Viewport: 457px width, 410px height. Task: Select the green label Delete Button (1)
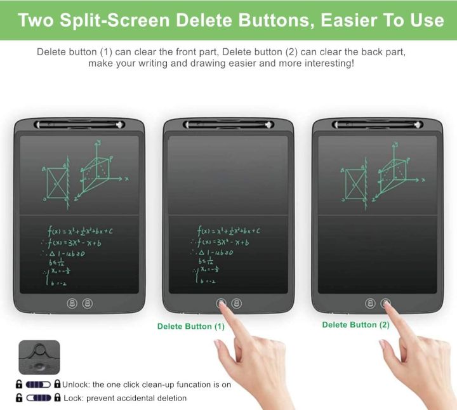pos(191,326)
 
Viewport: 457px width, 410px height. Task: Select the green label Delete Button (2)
pos(355,324)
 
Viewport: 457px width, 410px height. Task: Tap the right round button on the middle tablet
pos(237,303)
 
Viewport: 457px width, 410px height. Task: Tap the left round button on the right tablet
pos(371,303)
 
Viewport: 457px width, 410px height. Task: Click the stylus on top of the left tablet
pos(79,125)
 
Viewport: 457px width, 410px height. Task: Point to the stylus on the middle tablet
pos(228,125)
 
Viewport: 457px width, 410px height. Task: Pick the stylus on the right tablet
pos(377,125)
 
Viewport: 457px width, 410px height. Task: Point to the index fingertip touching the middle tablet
pos(222,305)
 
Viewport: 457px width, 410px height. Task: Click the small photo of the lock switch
pos(39,357)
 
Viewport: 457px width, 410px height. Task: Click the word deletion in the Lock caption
pos(169,398)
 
